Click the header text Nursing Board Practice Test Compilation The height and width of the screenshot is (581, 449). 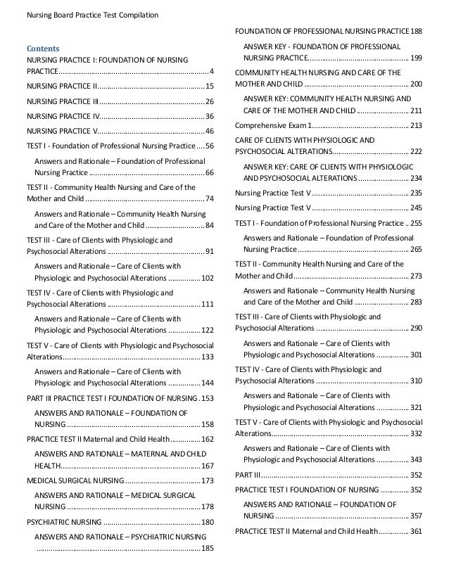[x=92, y=15]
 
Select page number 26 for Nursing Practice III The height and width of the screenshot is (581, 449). [x=210, y=101]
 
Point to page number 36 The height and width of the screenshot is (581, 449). [x=210, y=116]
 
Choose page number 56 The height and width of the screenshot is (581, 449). [x=210, y=146]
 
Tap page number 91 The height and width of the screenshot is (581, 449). [x=210, y=251]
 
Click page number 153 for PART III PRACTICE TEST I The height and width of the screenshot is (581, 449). [x=208, y=399]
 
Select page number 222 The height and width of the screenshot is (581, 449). [x=415, y=151]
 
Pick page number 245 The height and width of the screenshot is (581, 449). [x=415, y=207]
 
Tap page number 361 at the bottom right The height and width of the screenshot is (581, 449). [x=415, y=530]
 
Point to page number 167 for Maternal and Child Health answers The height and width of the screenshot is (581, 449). [x=208, y=466]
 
